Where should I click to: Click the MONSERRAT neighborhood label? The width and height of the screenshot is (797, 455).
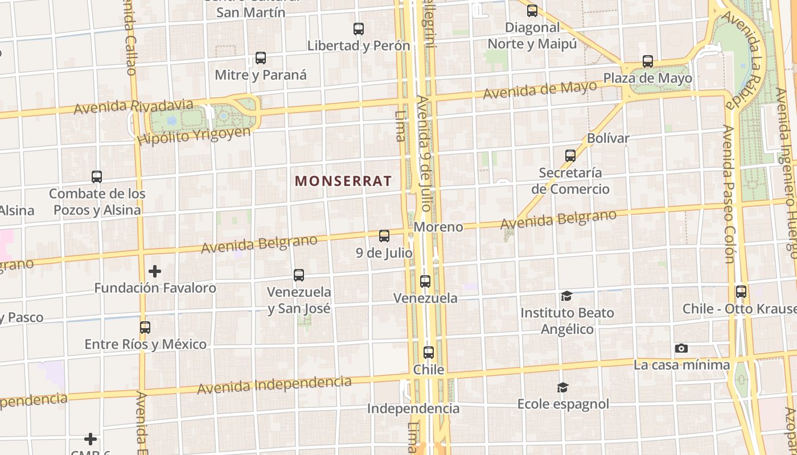(x=343, y=181)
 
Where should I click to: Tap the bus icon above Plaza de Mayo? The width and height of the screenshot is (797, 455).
(x=647, y=61)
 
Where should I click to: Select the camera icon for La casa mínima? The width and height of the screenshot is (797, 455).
(x=681, y=348)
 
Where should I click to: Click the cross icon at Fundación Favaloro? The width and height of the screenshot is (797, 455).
(x=154, y=271)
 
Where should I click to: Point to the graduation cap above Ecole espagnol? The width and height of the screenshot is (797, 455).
(x=562, y=387)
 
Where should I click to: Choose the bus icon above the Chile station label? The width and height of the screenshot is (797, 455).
(x=429, y=353)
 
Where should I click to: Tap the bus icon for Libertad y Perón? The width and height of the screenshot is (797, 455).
(x=358, y=29)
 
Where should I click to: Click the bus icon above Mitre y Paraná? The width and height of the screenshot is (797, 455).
(x=260, y=58)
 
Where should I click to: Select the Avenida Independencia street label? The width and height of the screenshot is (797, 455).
(x=274, y=384)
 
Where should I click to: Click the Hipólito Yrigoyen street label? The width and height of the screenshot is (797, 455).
(x=194, y=136)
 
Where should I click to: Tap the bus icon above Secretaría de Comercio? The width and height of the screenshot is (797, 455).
(x=570, y=155)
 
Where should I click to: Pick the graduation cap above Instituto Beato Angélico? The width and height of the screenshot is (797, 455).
(x=566, y=296)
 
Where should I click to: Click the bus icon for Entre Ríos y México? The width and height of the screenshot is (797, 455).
(x=145, y=328)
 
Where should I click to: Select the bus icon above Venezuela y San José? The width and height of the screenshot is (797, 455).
(x=299, y=275)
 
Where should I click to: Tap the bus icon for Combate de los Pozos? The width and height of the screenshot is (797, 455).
(x=97, y=177)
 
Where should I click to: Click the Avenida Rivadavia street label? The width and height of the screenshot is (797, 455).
(x=133, y=106)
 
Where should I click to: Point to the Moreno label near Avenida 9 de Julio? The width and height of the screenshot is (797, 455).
(x=438, y=227)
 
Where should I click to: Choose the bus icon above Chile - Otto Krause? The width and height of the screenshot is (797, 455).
(x=741, y=292)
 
